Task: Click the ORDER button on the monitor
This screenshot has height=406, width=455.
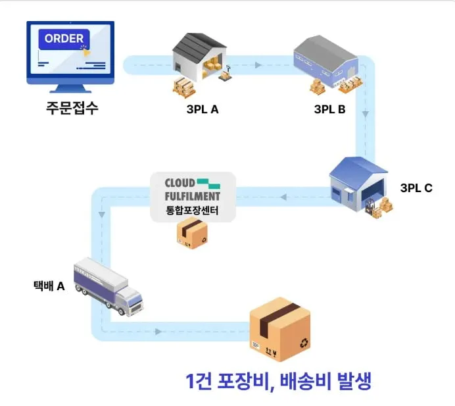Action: tap(64, 38)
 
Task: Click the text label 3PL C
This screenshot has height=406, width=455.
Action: tap(416, 188)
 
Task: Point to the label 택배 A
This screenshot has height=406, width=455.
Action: tap(49, 286)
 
